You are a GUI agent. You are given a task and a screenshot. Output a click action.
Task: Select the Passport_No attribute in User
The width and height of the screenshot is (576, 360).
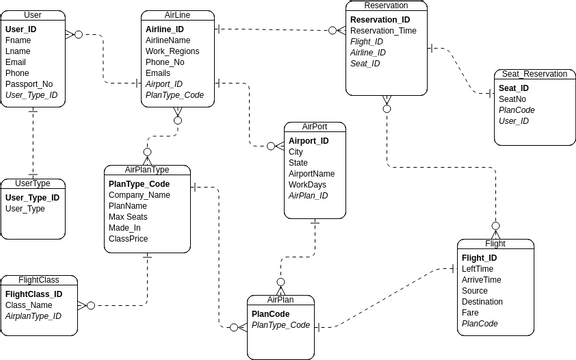point(29,84)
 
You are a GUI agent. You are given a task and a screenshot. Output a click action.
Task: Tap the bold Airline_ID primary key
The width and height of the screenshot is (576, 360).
point(164,30)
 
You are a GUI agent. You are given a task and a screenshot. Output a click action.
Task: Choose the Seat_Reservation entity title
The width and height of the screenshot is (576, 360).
point(534,74)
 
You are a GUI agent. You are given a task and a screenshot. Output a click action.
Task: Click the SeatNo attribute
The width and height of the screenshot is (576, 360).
point(512,99)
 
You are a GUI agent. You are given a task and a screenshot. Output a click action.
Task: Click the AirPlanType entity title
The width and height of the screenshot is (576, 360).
point(146,170)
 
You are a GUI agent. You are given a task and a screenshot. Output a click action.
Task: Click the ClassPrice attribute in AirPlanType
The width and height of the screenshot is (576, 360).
point(128,239)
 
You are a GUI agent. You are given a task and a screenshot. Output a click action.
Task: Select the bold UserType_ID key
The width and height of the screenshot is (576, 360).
point(32,198)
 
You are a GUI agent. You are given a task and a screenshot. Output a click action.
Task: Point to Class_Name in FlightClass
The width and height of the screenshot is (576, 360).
point(29,305)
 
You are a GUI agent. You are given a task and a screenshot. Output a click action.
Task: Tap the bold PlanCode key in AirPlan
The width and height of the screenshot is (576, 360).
point(272,314)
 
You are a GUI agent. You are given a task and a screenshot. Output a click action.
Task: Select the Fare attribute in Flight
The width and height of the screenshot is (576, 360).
point(471,313)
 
